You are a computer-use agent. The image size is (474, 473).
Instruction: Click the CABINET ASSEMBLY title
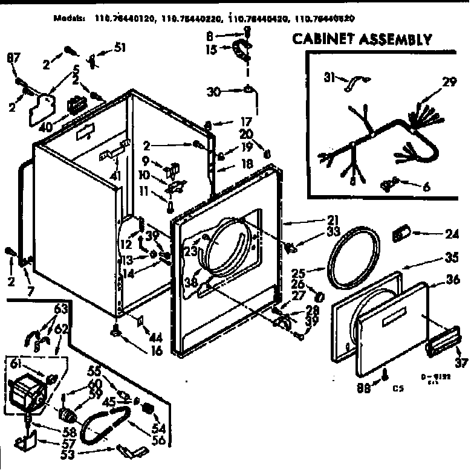click(362, 40)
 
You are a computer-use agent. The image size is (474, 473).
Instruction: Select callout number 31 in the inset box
click(329, 77)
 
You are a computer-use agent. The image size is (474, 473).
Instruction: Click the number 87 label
click(13, 57)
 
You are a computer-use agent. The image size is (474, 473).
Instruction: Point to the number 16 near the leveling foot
click(157, 350)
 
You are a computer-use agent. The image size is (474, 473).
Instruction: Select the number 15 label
click(210, 51)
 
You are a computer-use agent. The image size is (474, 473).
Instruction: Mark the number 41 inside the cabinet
click(115, 176)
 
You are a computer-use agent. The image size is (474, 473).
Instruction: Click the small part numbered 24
click(402, 232)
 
